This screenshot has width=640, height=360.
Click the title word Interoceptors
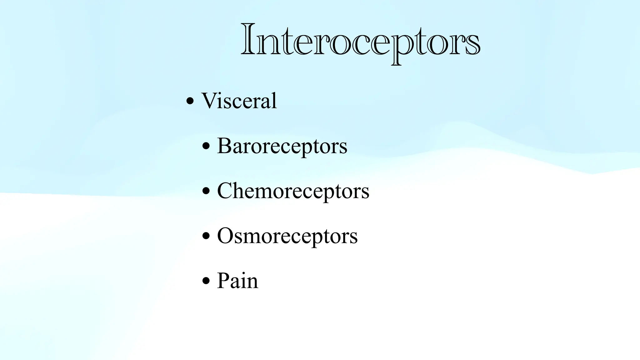[360, 41]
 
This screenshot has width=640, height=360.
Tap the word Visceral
[239, 101]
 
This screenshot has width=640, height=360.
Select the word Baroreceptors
[282, 146]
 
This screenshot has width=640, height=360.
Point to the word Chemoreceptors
[293, 191]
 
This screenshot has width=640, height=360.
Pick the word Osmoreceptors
[287, 236]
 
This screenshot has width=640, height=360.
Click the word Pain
[237, 281]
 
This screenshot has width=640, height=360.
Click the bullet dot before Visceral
[190, 101]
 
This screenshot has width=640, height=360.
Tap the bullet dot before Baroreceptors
[206, 146]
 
